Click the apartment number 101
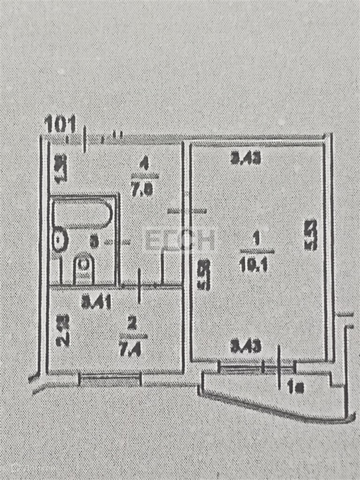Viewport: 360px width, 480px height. [x=60, y=124]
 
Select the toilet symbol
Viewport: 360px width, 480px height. [x=83, y=269]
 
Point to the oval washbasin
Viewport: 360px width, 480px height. [x=60, y=240]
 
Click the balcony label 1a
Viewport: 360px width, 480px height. [x=296, y=387]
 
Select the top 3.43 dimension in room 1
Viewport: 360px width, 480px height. [x=245, y=159]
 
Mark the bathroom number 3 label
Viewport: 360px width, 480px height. [x=94, y=242]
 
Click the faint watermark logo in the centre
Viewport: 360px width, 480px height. [x=180, y=240]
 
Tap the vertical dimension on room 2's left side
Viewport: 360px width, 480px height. [x=63, y=330]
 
